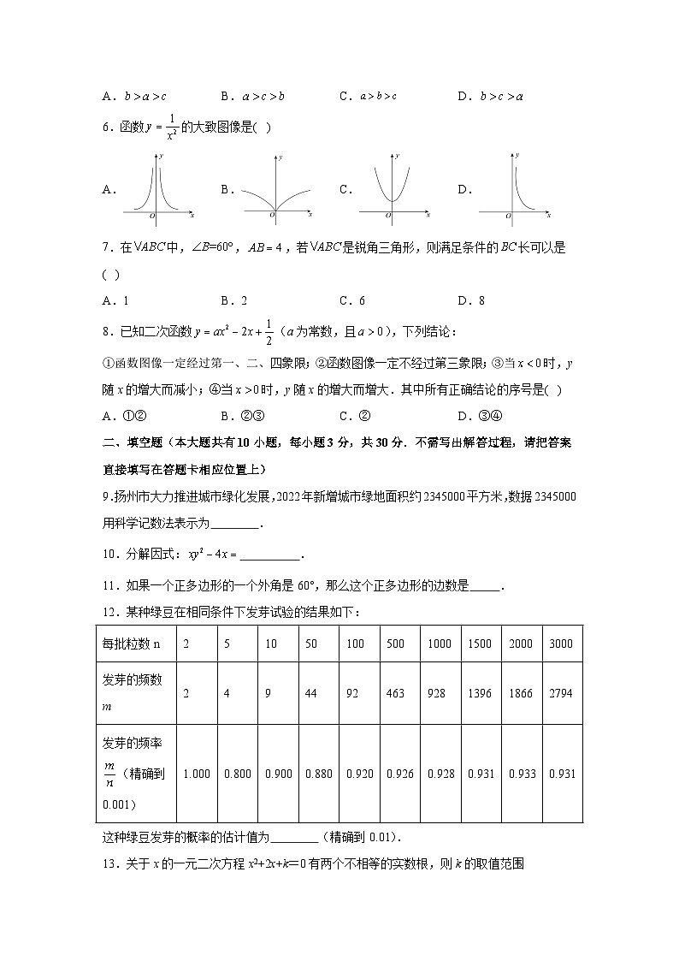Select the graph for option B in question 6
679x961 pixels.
(x=276, y=188)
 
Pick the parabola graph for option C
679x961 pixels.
(x=393, y=188)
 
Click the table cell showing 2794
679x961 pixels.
(x=561, y=693)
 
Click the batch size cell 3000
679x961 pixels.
(x=561, y=644)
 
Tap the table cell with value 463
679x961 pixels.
(x=395, y=693)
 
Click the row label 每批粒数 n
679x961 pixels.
(x=131, y=644)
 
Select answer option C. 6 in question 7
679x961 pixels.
(x=352, y=300)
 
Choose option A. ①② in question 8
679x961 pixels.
(x=114, y=417)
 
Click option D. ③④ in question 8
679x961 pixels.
(x=475, y=417)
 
